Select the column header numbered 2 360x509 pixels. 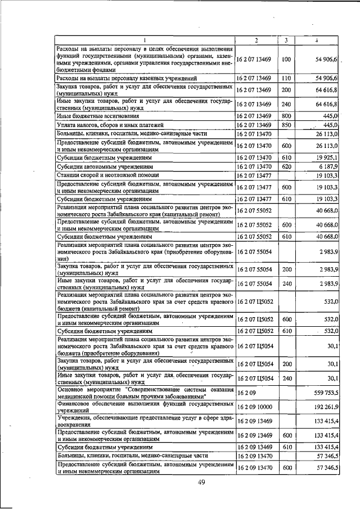(256, 40)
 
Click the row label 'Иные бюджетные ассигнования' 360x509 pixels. (94, 115)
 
